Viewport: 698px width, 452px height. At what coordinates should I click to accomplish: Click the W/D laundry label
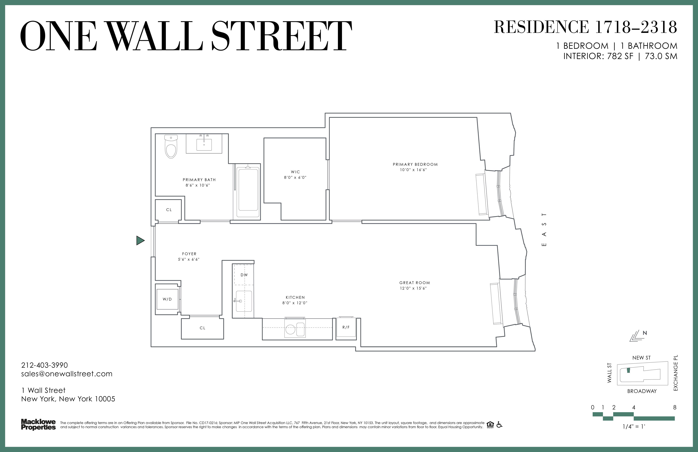(167, 299)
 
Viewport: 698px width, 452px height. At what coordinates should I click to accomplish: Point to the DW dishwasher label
(244, 275)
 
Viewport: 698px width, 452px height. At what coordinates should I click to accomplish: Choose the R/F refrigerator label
(346, 327)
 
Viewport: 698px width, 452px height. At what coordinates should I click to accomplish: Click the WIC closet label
(295, 172)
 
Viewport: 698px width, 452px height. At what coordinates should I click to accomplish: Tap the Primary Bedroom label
(415, 164)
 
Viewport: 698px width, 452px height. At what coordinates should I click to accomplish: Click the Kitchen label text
(295, 297)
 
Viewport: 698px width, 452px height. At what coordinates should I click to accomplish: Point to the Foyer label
(189, 254)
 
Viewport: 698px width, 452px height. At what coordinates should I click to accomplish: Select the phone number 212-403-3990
(45, 365)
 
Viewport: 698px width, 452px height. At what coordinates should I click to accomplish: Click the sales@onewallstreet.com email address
(67, 374)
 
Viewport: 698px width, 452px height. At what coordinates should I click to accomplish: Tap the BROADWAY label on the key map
(642, 391)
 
